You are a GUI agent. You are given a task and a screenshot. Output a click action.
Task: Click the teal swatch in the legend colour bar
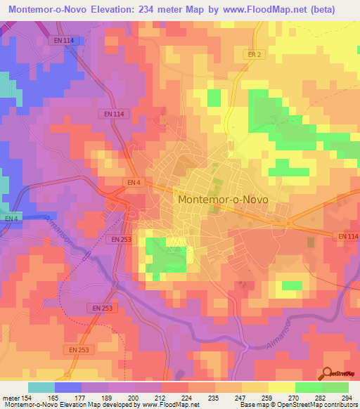click(41, 387)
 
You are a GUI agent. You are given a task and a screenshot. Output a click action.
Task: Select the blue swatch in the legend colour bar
click(67, 387)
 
